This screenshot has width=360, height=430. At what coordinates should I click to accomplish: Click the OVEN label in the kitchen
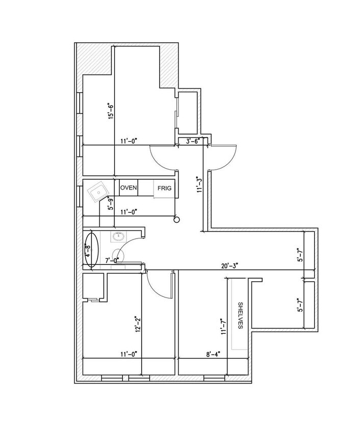coord(128,188)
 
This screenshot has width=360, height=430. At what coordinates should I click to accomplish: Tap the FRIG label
coord(164,189)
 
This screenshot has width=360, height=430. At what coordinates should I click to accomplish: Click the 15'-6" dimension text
coord(109,111)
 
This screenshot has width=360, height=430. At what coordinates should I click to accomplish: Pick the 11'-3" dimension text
coord(200,184)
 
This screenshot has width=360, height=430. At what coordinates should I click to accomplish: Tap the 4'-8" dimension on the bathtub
coord(87,250)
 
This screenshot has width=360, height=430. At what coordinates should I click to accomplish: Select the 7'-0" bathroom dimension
coord(112,260)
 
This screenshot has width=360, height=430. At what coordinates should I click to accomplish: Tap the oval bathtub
coord(91,250)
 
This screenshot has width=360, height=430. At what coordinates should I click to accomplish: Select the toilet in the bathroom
coord(119,254)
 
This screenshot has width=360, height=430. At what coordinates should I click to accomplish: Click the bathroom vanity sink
coord(119,236)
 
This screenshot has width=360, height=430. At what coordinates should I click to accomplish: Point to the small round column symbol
coord(176,220)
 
